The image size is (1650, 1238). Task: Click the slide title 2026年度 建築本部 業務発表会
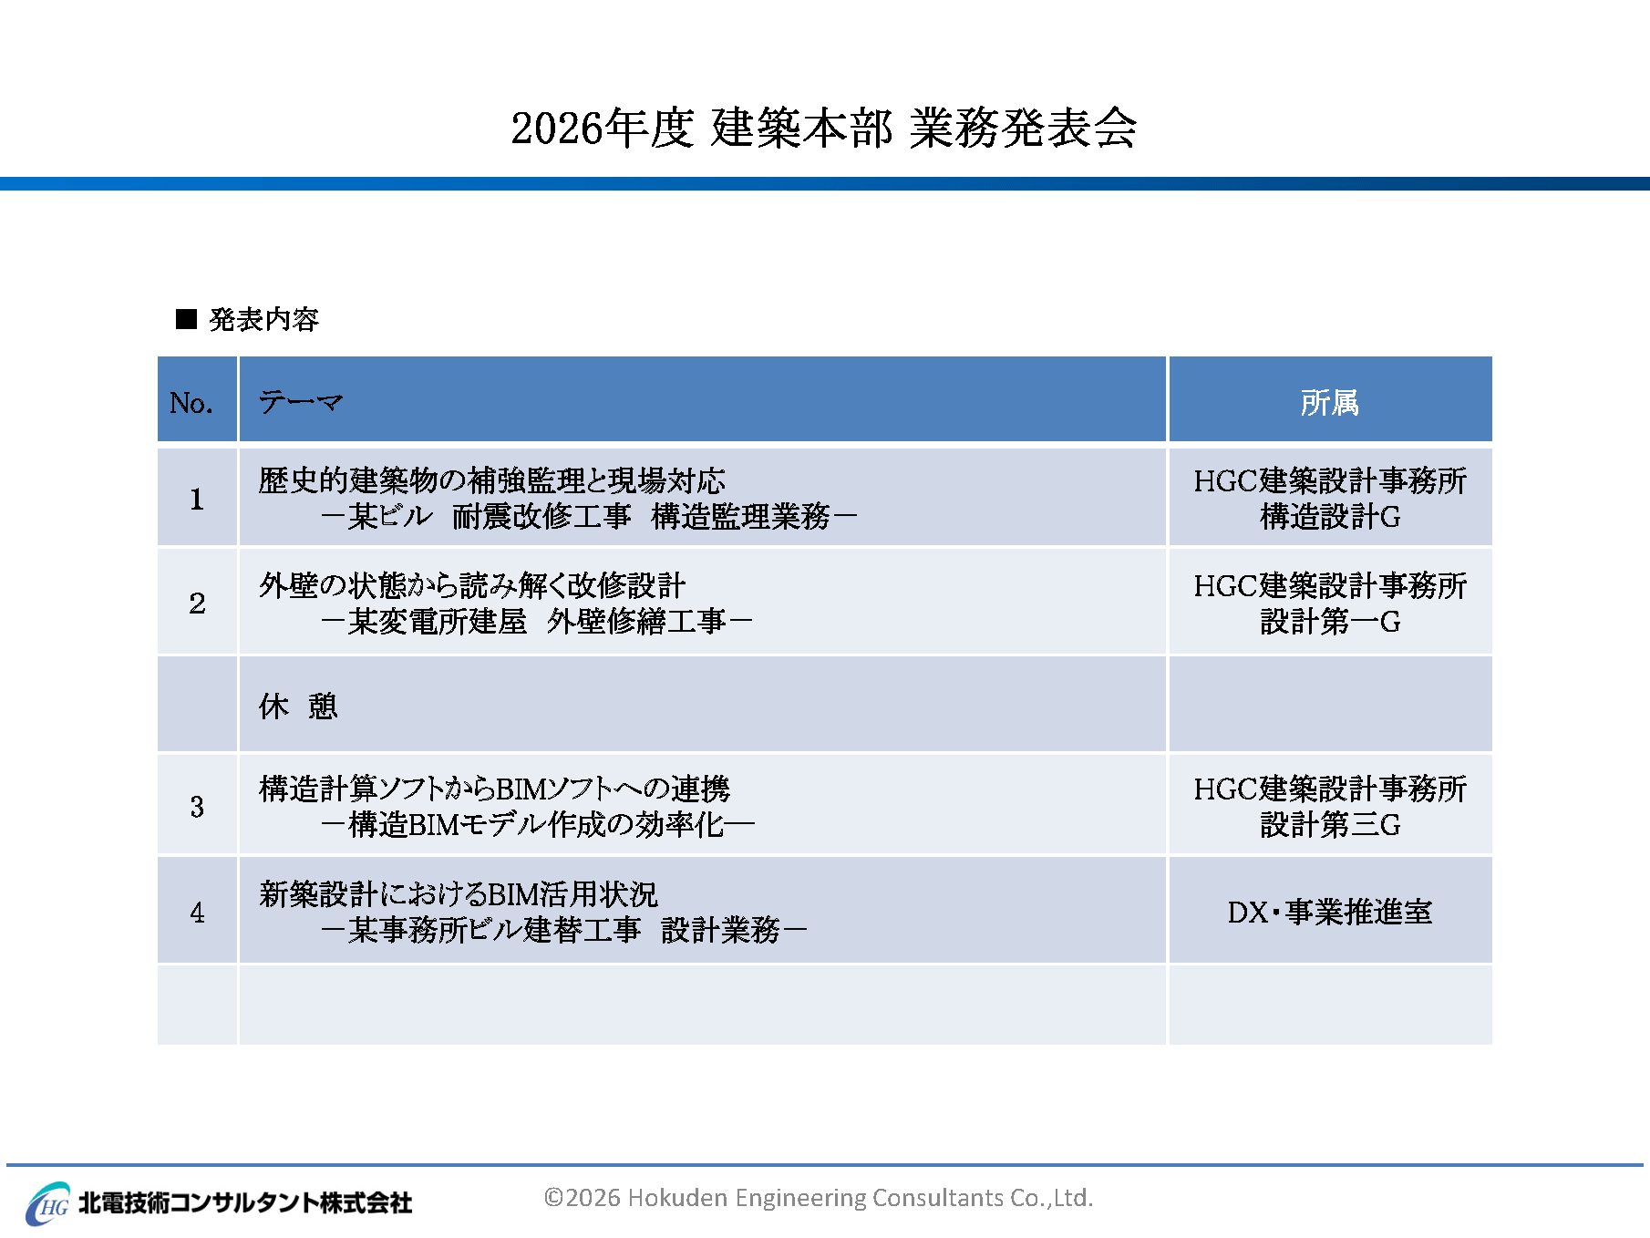(824, 128)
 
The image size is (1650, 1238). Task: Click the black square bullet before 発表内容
(186, 319)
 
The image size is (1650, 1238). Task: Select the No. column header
(191, 402)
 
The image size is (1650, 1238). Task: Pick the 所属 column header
(1330, 402)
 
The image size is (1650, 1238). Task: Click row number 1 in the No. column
(197, 499)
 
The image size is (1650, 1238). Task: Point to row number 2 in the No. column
(197, 603)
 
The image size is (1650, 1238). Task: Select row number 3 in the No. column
(197, 806)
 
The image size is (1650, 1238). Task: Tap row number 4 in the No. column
(197, 912)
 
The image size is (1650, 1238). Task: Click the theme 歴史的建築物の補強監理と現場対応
(492, 480)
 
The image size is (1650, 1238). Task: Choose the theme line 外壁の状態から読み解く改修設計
(472, 585)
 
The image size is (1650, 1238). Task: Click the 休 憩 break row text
(298, 706)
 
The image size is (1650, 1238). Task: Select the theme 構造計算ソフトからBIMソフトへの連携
(495, 789)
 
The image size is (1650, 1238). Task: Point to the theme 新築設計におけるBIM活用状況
(459, 894)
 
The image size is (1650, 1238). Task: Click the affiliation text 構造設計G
(1330, 517)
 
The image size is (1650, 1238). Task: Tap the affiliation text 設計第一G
(1330, 622)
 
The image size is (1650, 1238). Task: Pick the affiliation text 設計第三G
(1330, 825)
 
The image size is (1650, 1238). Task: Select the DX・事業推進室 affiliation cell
(1330, 912)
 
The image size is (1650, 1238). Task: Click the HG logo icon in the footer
(48, 1203)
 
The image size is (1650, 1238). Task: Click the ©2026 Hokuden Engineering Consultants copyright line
(819, 1197)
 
